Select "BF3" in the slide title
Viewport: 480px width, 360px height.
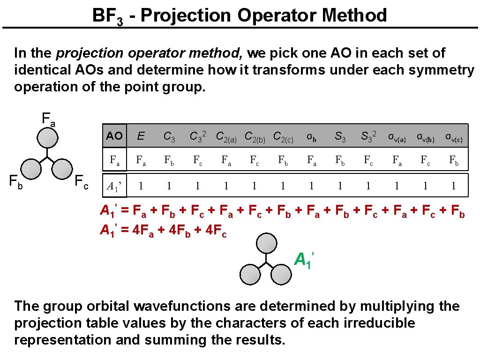[x=107, y=16]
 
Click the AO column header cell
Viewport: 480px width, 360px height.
[x=114, y=136]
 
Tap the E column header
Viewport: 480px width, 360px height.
[x=141, y=136]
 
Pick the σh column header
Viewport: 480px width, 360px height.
[x=311, y=137]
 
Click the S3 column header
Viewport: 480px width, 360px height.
[x=340, y=137]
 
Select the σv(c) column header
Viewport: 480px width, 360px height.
[x=454, y=137]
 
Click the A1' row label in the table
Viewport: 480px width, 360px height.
[x=114, y=186]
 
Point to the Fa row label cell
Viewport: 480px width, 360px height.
[x=114, y=161]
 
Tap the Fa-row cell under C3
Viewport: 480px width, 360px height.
[x=169, y=161]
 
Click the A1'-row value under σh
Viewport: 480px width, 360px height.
[x=311, y=186]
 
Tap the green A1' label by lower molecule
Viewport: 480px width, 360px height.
[x=304, y=259]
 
